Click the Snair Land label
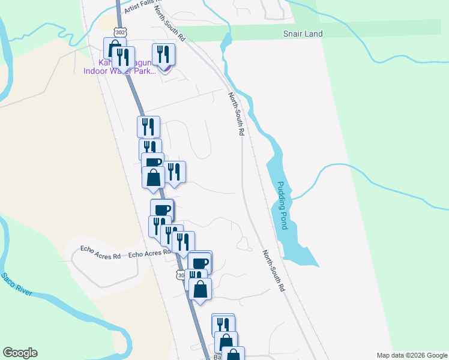[303, 34]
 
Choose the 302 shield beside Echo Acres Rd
[181, 274]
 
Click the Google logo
[20, 353]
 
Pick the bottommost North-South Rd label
[273, 271]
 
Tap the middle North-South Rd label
[236, 113]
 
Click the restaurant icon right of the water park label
[163, 55]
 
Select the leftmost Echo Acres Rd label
[101, 256]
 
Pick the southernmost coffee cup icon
[200, 262]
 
